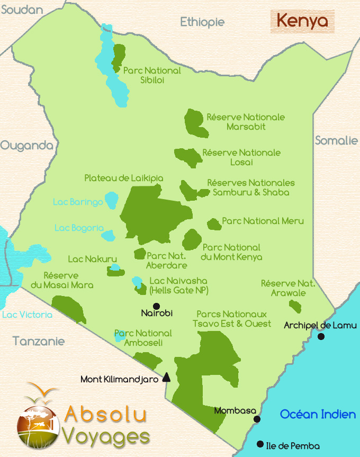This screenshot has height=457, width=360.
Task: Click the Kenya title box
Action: tap(302, 22)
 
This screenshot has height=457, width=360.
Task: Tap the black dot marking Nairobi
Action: tap(156, 306)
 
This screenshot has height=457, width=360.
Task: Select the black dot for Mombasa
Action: tap(257, 419)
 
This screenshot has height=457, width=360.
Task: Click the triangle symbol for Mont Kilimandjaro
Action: tap(166, 378)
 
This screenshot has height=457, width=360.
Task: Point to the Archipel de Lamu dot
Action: tap(320, 336)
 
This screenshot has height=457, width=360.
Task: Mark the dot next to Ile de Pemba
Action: tap(259, 444)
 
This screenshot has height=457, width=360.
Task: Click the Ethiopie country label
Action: tap(202, 22)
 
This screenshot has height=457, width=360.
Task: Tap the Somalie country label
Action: tap(336, 140)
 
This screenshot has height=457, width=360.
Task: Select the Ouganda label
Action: tap(26, 146)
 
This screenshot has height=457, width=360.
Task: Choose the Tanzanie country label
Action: tap(39, 341)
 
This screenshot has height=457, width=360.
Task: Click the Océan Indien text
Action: tap(318, 414)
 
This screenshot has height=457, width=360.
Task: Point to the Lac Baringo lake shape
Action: tap(111, 200)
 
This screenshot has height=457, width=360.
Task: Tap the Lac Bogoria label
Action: tap(79, 228)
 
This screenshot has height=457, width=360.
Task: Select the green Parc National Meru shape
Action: tap(214, 224)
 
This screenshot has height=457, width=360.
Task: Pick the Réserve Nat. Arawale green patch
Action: tap(295, 306)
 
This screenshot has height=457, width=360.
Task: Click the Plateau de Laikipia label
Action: tap(124, 178)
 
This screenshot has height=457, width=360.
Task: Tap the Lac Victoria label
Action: tap(27, 315)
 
